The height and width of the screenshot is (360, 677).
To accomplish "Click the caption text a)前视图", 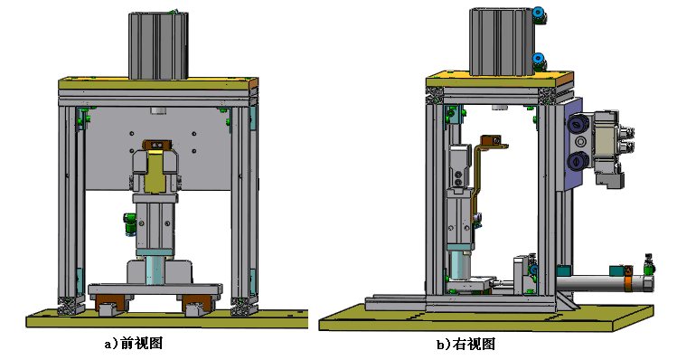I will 133,344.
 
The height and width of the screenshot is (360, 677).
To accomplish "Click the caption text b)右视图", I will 465,344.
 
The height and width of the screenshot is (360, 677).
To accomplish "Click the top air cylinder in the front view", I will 159,45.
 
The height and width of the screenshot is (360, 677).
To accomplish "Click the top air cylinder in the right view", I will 500,41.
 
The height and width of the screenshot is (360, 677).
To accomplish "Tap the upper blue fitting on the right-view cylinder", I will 539,14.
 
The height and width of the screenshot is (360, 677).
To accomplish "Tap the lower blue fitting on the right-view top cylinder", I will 539,61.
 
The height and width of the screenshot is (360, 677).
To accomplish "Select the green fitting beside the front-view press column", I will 127,223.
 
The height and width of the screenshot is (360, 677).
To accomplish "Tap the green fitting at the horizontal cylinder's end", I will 647,265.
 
